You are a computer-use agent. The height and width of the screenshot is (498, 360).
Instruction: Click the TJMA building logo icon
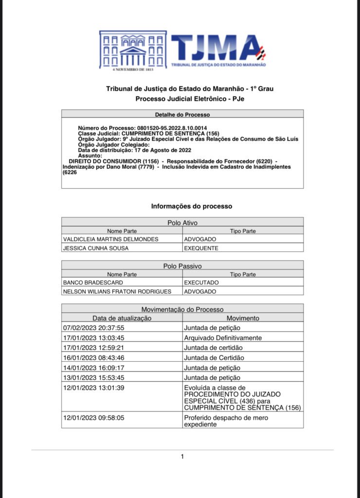pos(132,51)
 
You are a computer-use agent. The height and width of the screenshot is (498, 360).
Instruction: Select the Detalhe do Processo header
pos(182,114)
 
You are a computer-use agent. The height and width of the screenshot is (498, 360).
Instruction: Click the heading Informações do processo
pos(191,206)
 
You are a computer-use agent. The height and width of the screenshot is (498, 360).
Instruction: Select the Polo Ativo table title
pos(182,223)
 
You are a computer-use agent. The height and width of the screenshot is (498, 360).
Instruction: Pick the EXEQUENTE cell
pos(201,248)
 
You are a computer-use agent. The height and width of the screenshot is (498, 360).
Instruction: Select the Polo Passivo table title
pos(182,266)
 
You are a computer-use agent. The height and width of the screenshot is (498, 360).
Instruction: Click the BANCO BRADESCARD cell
pos(92,283)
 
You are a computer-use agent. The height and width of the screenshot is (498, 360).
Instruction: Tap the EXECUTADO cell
pos(201,283)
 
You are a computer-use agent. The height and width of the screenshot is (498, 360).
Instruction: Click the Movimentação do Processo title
pos(182,309)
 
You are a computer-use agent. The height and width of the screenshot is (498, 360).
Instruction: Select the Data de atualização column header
pos(122,318)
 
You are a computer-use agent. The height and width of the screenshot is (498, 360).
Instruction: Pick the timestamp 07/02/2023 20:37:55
pos(94,328)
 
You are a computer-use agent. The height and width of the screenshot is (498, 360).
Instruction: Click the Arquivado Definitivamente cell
pos(223,338)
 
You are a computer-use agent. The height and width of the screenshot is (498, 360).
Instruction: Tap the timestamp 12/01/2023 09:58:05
pos(94,418)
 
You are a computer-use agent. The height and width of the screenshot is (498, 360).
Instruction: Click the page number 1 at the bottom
pos(182,457)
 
